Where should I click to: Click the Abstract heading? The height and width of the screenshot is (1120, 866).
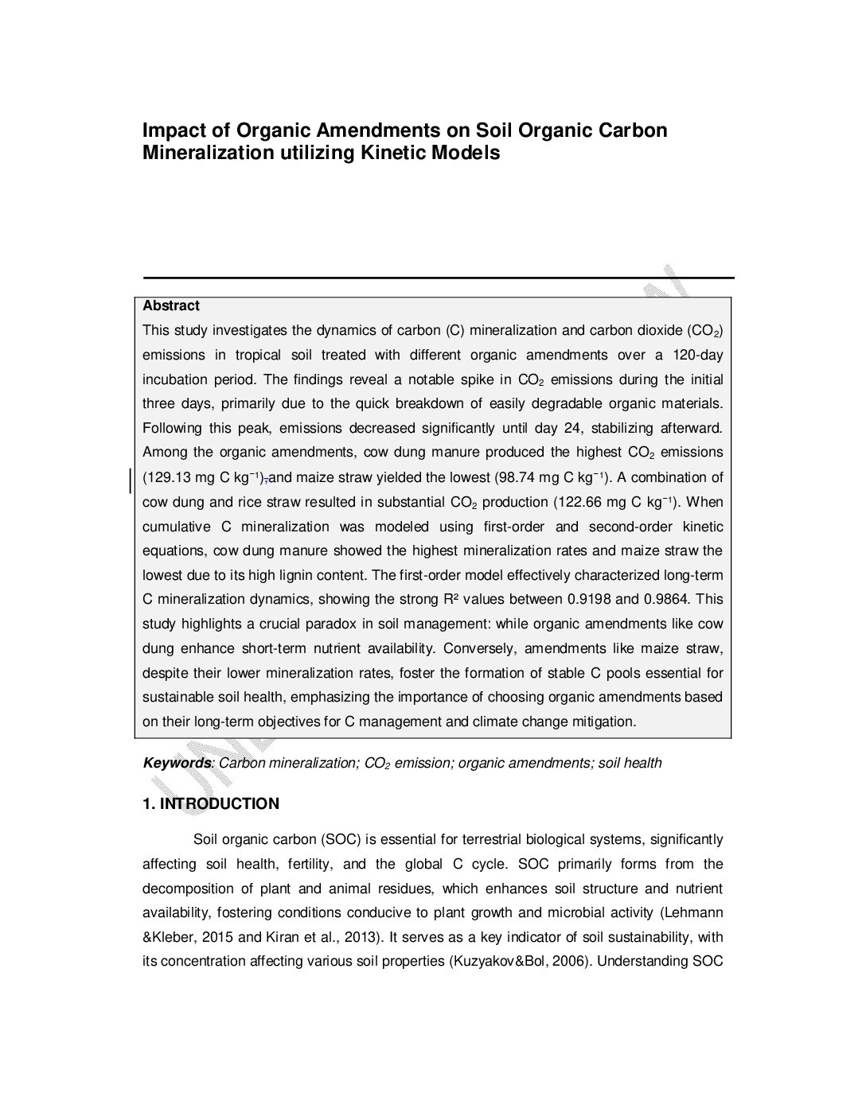click(x=171, y=305)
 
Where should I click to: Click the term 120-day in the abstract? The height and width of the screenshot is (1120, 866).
click(x=698, y=355)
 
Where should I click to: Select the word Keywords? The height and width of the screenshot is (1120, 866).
click(x=177, y=763)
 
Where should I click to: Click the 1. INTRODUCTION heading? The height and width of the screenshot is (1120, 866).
click(x=211, y=803)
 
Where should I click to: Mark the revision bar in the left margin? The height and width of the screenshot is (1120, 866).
click(x=131, y=480)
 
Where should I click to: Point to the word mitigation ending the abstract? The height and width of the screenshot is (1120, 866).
click(x=603, y=721)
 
